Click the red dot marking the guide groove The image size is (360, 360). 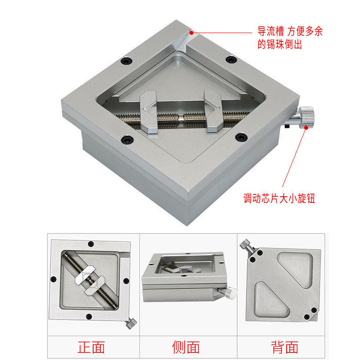click(191, 32)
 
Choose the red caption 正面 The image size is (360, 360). click(92, 347)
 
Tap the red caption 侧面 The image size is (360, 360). click(186, 347)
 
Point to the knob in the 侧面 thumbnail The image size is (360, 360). click(231, 292)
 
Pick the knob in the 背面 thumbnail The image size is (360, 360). click(247, 246)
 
